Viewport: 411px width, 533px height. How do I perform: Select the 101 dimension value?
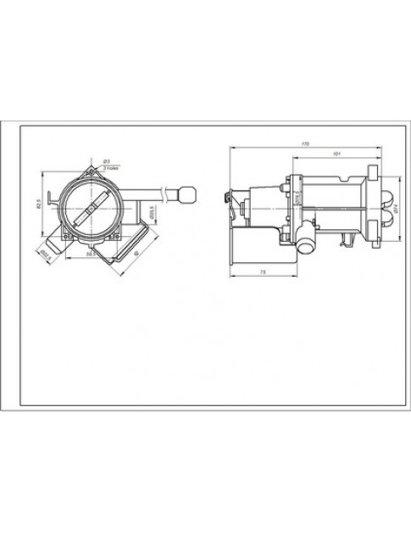[337, 154]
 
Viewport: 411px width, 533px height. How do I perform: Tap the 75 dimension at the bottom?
[263, 271]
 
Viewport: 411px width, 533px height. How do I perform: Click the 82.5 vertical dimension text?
[39, 205]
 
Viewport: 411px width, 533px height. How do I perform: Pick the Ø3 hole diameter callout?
[105, 161]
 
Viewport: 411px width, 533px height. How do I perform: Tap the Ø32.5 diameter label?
[45, 252]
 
